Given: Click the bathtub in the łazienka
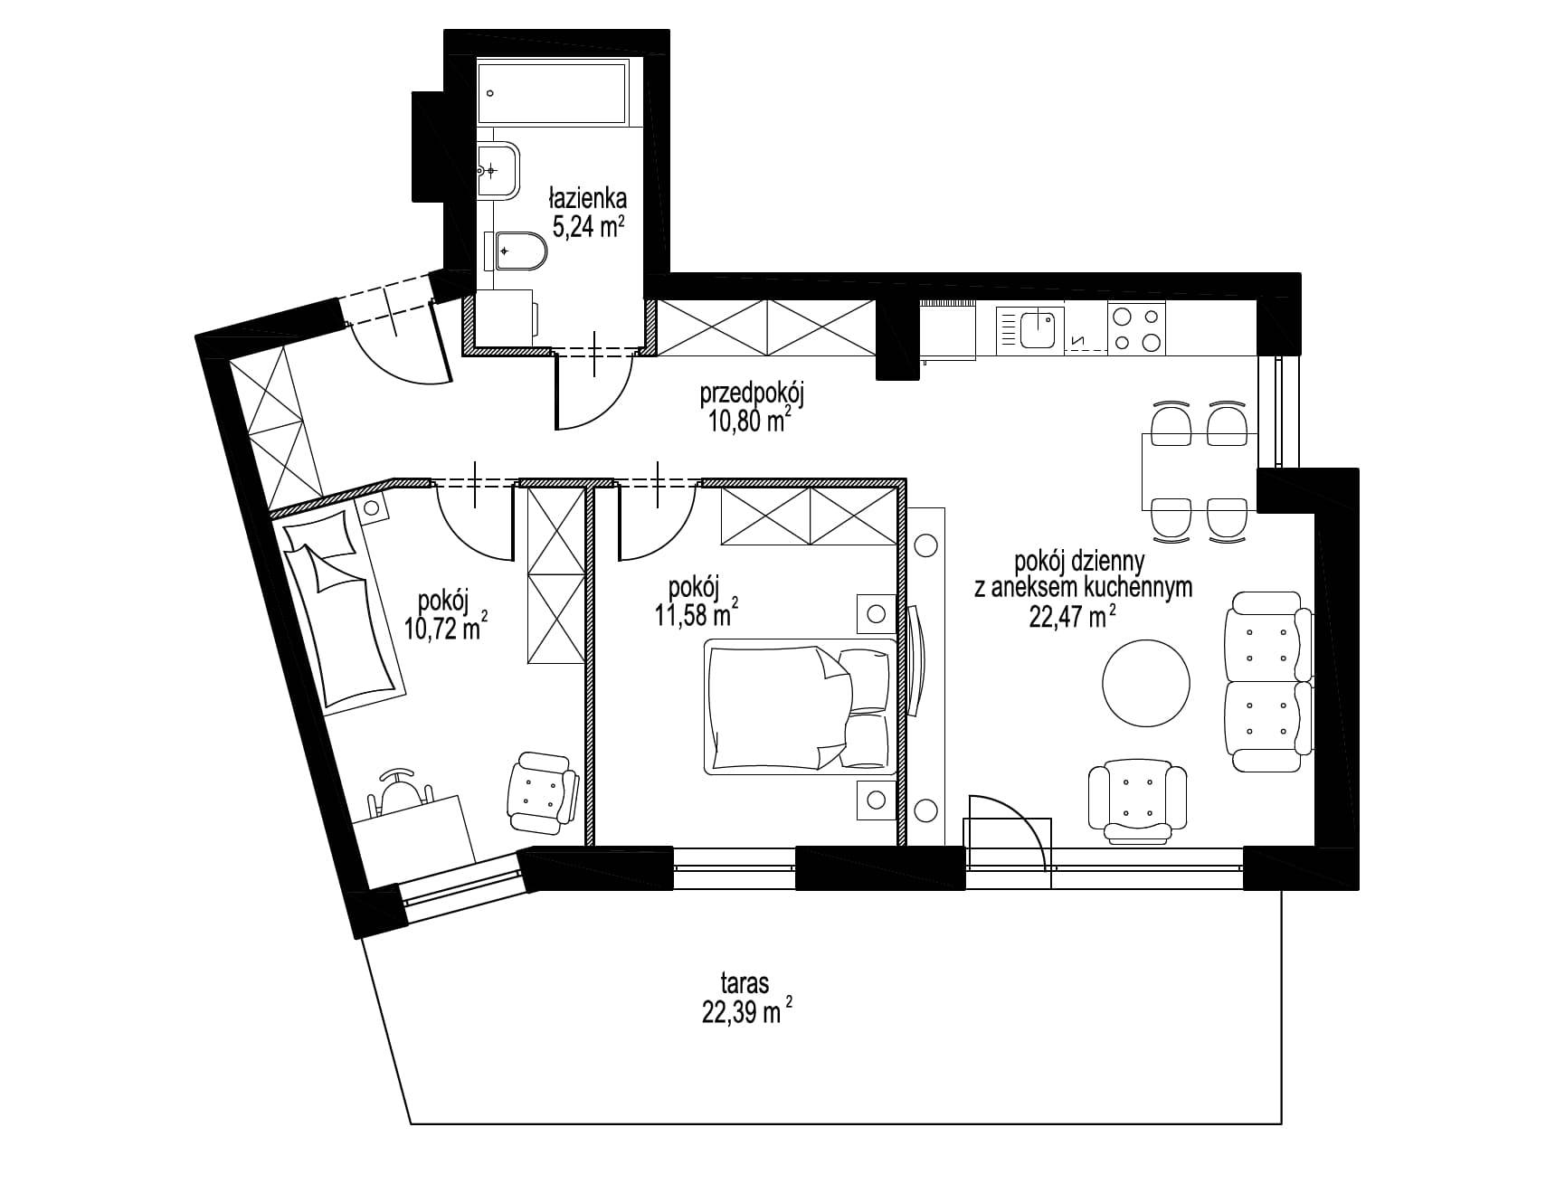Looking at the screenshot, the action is tap(552, 92).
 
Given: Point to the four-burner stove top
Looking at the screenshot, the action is tap(1137, 329).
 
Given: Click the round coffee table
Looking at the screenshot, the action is tap(1146, 683).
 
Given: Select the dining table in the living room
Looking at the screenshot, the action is tap(1199, 471).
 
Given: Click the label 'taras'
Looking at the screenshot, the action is tap(745, 982).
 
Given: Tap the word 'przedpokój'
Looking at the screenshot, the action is tap(753, 395).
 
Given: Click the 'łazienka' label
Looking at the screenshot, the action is tap(588, 197).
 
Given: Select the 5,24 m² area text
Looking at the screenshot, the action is tap(589, 225).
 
